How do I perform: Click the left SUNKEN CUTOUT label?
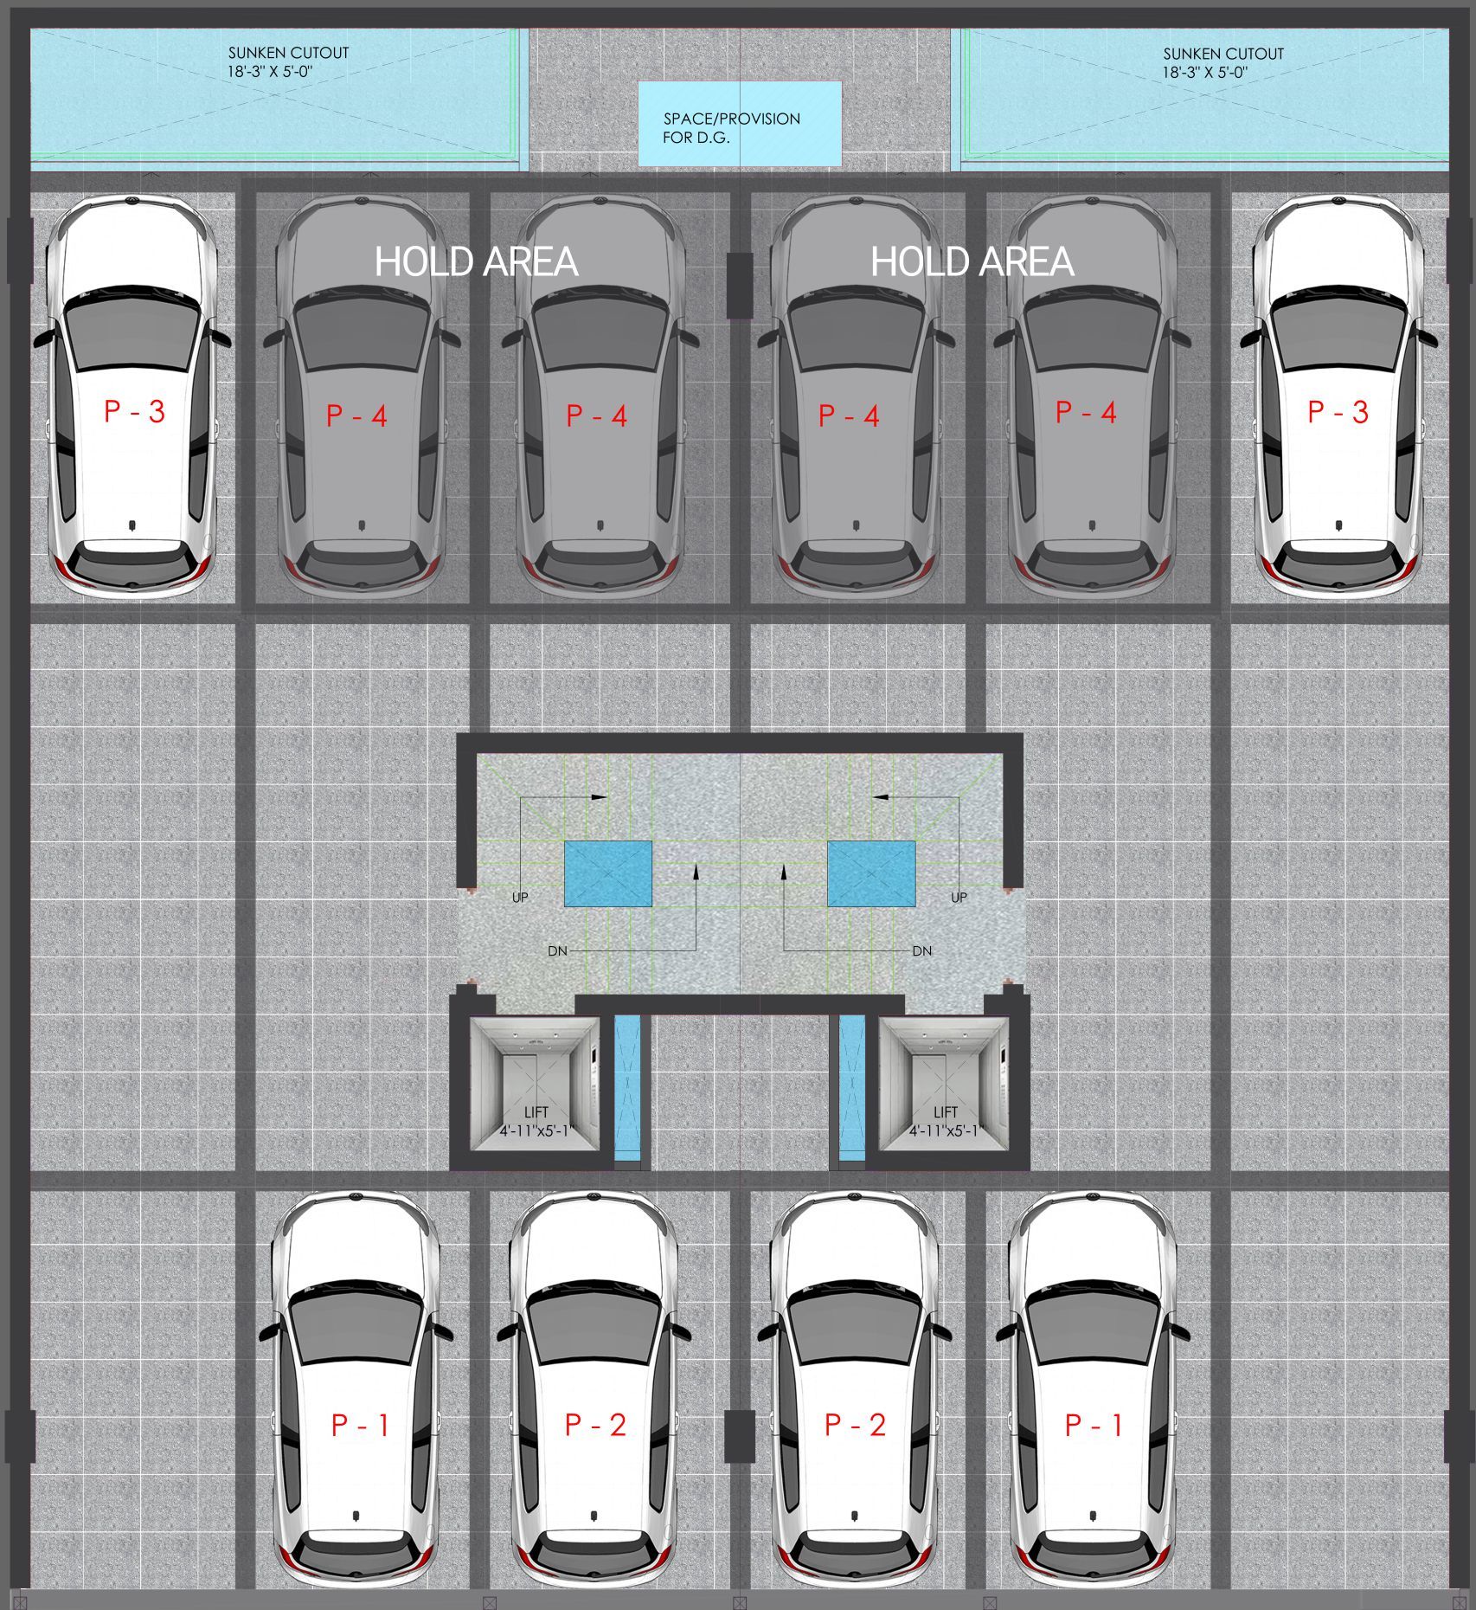[288, 53]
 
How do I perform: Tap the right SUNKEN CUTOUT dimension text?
[1204, 73]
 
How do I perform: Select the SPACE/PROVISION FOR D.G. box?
[740, 124]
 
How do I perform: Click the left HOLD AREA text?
[476, 262]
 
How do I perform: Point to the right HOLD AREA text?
[972, 262]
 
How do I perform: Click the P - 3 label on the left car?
[134, 411]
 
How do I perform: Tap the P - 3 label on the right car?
[1338, 412]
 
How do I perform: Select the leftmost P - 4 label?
[356, 416]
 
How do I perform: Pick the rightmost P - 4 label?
[1086, 413]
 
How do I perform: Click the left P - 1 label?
[360, 1425]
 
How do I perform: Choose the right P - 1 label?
[1094, 1425]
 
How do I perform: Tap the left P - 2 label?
[595, 1425]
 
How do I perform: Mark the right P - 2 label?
[855, 1425]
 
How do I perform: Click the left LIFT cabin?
[535, 1084]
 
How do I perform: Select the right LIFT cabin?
[944, 1084]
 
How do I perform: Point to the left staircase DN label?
[557, 950]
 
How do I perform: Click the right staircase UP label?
[959, 898]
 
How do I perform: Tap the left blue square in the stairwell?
[608, 873]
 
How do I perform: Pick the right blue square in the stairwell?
[871, 873]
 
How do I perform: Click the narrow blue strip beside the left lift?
[627, 1087]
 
